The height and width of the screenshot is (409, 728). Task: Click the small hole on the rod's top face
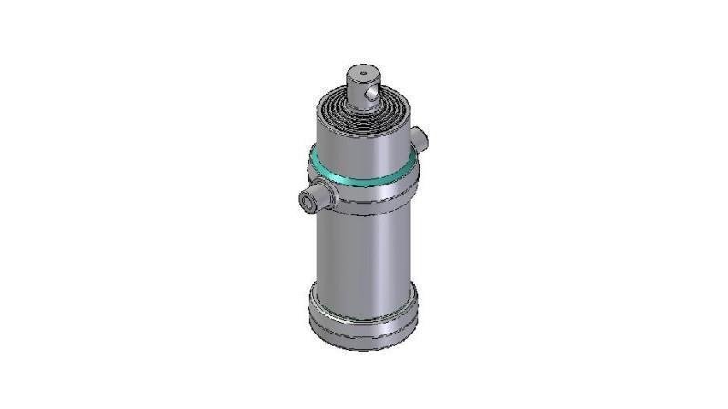362,72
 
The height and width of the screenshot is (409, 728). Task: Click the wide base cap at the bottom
363,314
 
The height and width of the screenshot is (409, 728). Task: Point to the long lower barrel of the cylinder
363,250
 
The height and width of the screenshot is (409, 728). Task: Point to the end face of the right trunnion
423,138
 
